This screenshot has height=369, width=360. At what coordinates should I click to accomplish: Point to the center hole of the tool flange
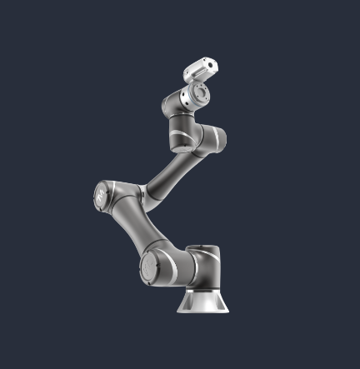pos(201,97)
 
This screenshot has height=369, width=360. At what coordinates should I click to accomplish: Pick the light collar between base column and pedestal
pos(202,291)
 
